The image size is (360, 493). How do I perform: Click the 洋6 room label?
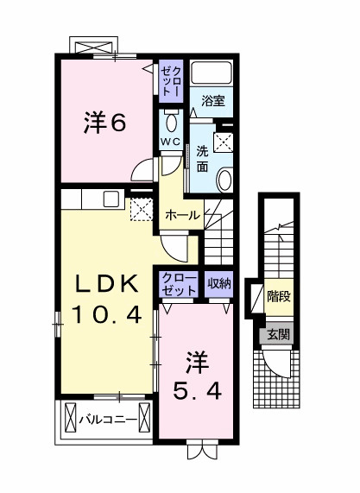105,123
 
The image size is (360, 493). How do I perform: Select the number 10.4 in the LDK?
105,315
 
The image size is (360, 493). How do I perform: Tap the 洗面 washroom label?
202,155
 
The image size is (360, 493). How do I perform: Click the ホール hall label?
183,215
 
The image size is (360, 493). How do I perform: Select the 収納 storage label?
218,282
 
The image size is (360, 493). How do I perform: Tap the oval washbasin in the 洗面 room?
224,180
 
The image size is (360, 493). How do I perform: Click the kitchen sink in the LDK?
111,198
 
